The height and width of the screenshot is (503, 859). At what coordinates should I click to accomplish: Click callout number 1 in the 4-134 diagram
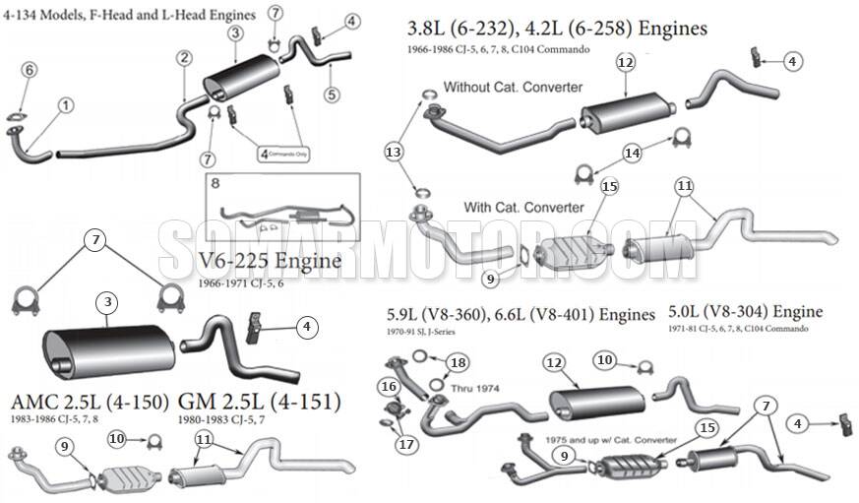(65, 104)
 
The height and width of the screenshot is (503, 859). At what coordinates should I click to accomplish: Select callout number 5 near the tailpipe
(332, 94)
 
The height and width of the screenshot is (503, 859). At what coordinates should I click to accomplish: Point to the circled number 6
(30, 69)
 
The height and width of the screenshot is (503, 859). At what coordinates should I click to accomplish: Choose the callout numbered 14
(633, 153)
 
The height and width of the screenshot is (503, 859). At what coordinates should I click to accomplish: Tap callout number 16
(390, 386)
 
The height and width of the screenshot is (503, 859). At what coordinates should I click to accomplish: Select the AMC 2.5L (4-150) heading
(90, 402)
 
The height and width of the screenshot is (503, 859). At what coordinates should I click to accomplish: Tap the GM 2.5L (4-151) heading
(260, 402)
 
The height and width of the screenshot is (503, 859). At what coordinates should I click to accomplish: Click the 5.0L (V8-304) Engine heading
(745, 312)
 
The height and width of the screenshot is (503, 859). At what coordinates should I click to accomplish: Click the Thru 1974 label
(475, 388)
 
